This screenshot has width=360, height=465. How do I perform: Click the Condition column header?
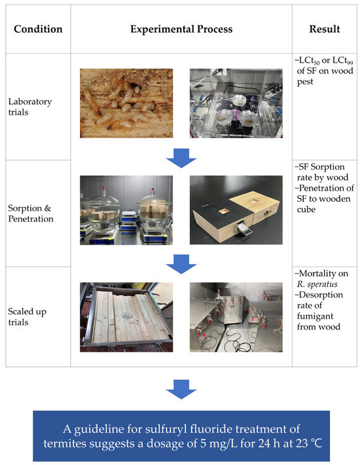[39, 29]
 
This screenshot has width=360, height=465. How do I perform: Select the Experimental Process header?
[180, 29]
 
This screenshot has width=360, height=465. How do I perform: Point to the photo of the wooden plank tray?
[126, 317]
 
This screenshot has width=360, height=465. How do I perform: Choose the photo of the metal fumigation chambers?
[235, 317]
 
